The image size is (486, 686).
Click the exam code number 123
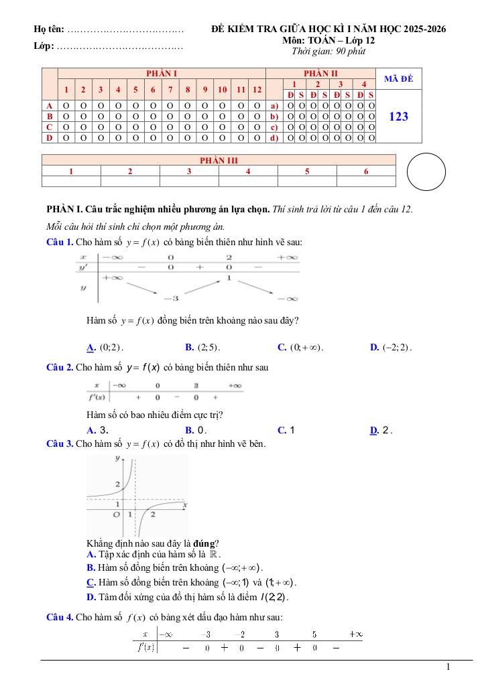point(398,117)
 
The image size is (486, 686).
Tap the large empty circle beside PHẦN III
point(426,172)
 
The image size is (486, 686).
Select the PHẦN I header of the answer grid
point(162,73)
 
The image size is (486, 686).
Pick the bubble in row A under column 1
point(66,106)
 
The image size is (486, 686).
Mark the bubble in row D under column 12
point(257,138)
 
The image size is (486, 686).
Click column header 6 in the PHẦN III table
point(366,171)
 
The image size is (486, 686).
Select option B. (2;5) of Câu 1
point(203,347)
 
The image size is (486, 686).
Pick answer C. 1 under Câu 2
point(286,430)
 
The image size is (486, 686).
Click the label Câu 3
point(60,443)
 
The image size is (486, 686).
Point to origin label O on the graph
point(116,514)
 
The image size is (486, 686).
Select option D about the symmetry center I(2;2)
point(188,597)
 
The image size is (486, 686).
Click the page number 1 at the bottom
point(448,667)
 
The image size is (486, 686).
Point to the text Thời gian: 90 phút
point(328,52)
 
